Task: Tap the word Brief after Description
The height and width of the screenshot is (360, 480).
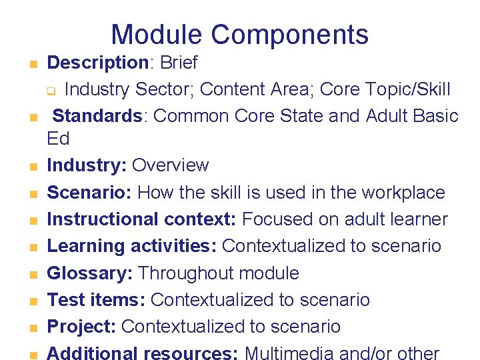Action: point(178,63)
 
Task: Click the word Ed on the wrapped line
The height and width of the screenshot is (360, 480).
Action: point(58,139)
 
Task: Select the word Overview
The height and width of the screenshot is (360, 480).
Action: point(171,165)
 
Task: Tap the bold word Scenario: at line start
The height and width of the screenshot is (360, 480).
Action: point(91,193)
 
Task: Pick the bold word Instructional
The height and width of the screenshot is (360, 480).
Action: point(103,219)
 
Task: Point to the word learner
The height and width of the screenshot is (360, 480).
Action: point(420,219)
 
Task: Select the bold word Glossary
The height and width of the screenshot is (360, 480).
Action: point(89,273)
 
